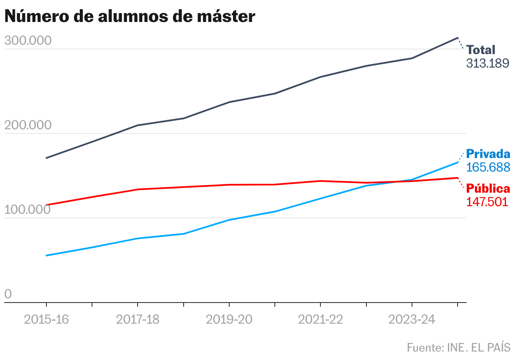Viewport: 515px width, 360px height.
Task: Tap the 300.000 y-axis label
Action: pos(27,41)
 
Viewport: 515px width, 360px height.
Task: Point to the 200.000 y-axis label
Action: pos(27,125)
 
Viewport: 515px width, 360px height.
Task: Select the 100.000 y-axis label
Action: pos(27,210)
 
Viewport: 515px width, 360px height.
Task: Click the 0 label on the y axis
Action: pos(8,295)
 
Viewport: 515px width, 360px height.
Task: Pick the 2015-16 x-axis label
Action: pos(46,319)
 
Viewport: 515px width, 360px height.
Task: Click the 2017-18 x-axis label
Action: pos(138,319)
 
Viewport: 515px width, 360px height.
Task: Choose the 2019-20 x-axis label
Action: pos(229,319)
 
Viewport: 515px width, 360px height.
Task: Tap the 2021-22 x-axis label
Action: pos(321,319)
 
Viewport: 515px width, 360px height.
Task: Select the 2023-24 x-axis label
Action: pos(412,319)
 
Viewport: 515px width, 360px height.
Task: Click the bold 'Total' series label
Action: pos(481,50)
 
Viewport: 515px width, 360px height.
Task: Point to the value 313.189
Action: pos(488,63)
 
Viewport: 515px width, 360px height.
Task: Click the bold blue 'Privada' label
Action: pos(488,154)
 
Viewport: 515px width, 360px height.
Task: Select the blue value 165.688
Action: pos(488,167)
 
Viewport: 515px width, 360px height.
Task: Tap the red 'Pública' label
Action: pos(488,188)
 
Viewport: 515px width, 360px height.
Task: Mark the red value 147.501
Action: pos(487,202)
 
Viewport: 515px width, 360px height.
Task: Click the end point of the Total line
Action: pos(458,38)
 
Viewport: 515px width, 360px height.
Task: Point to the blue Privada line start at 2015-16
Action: pos(46,256)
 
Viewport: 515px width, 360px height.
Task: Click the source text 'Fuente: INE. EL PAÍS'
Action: pos(458,347)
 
